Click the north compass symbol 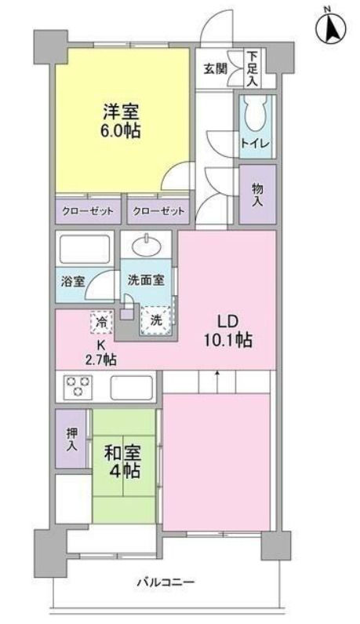point(331,28)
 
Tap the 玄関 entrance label point(215,68)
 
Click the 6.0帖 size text point(121,132)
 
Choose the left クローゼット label point(88,211)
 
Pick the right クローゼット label point(159,211)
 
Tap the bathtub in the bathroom point(85,250)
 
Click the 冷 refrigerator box point(103,321)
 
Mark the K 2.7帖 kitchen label point(101,352)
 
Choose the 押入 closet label point(71,439)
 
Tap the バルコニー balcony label point(165,582)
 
